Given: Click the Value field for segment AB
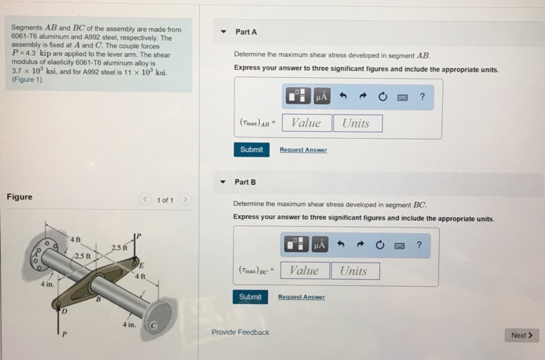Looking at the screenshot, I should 306,123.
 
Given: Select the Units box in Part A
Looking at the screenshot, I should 357,123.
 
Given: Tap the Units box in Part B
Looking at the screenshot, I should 353,270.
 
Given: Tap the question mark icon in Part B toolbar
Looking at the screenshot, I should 420,245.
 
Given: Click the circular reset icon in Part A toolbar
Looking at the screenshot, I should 382,97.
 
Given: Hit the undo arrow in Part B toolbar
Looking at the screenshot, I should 341,245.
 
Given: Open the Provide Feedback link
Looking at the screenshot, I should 241,333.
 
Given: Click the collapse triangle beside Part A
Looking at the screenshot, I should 223,32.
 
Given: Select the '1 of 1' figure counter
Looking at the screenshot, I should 164,200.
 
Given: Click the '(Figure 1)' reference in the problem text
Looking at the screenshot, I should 27,79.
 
